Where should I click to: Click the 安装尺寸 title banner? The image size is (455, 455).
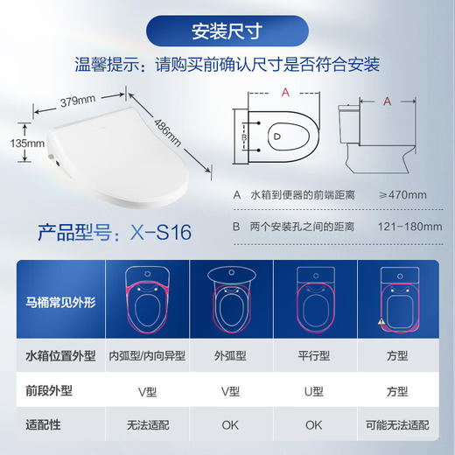pyautogui.click(x=227, y=33)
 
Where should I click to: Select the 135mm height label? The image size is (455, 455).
pyautogui.click(x=24, y=143)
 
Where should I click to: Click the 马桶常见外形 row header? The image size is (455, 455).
pyautogui.click(x=58, y=300)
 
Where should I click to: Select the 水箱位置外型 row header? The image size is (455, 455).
pyautogui.click(x=58, y=356)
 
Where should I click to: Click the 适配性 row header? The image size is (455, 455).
pyautogui.click(x=58, y=424)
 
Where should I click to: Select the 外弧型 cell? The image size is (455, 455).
pyautogui.click(x=232, y=356)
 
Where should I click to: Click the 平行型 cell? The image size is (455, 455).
pyautogui.click(x=316, y=356)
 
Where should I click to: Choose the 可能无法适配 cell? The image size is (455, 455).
pyautogui.click(x=400, y=424)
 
